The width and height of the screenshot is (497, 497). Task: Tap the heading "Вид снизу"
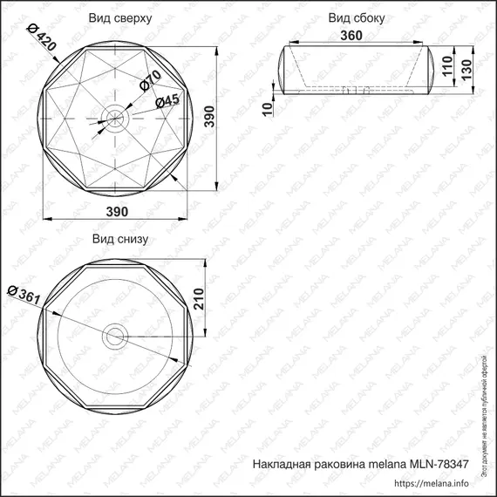click(x=119, y=238)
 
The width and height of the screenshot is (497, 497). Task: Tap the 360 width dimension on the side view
click(x=351, y=36)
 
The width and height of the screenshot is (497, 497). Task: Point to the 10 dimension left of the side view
click(x=268, y=107)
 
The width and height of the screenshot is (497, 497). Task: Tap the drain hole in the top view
click(x=116, y=113)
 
